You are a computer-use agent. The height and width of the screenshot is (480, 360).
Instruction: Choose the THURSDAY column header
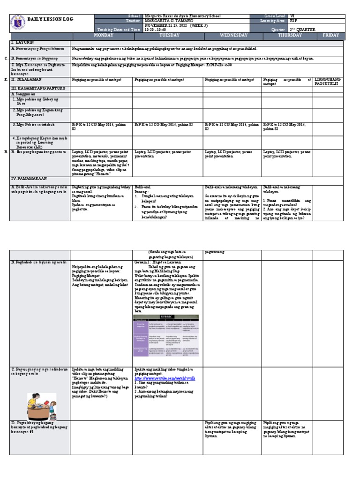(289, 35)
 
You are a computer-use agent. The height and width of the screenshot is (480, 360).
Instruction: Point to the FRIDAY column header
(330, 35)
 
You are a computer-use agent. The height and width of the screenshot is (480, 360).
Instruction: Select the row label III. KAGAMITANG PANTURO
(33, 88)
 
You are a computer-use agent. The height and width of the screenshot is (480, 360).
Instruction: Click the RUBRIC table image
(166, 335)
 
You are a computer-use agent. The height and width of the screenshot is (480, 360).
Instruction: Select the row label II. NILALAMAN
(27, 80)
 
